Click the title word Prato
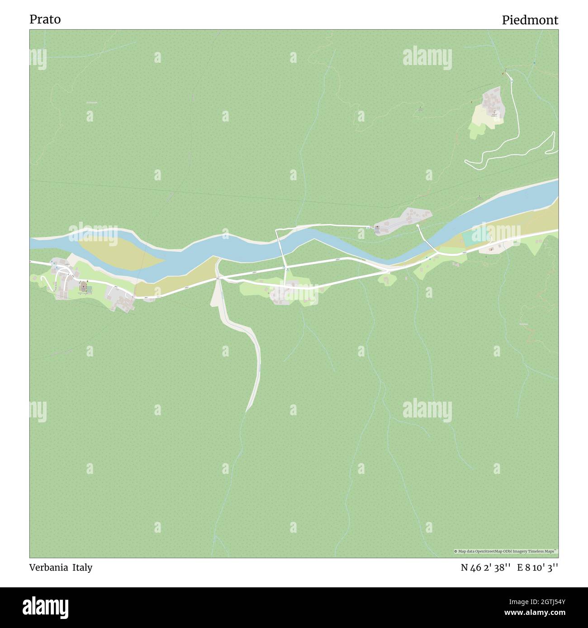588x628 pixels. [x=45, y=19]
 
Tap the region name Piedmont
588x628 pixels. [x=530, y=20]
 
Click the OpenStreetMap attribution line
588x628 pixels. [x=505, y=551]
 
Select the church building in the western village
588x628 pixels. [x=83, y=286]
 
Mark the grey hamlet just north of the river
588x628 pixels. [x=403, y=220]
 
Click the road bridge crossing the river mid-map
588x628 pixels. [x=281, y=244]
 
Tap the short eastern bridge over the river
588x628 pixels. [x=428, y=240]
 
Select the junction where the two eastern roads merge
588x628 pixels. [x=388, y=270]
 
